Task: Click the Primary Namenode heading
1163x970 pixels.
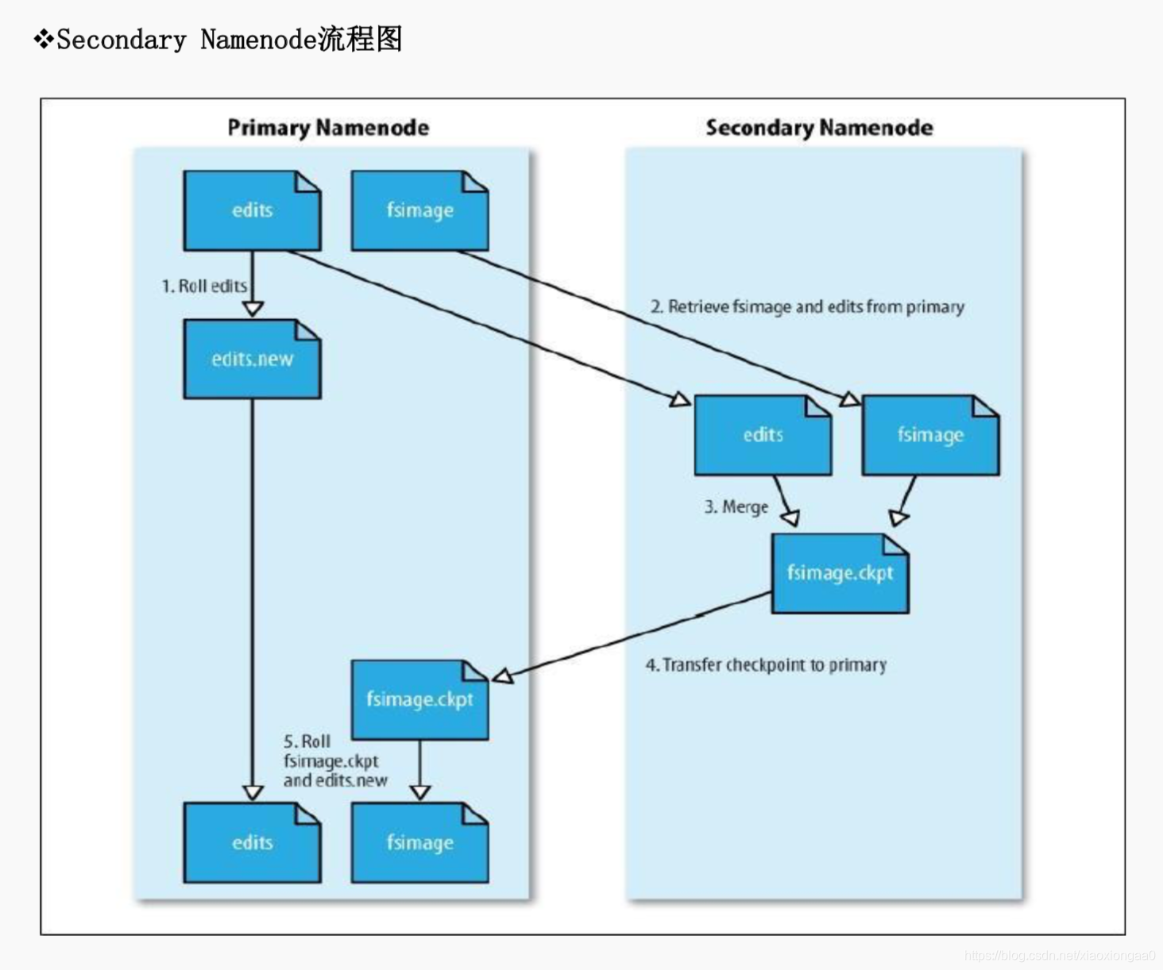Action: point(328,128)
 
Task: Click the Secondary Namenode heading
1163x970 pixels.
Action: point(819,128)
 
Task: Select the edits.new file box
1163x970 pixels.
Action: point(252,360)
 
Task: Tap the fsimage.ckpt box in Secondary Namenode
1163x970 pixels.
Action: point(840,573)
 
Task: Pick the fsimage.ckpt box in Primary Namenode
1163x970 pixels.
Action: point(419,699)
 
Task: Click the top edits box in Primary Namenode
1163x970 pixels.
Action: point(252,210)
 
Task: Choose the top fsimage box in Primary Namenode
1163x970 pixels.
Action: point(419,210)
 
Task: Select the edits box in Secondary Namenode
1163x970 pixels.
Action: point(763,435)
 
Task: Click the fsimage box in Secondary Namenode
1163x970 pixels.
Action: point(930,435)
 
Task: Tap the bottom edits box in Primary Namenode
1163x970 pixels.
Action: point(252,843)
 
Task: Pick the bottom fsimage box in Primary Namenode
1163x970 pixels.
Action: point(419,843)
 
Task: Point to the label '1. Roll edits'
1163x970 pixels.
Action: point(204,286)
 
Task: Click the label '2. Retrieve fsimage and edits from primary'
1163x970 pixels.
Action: point(807,307)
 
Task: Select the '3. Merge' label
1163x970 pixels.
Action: point(736,507)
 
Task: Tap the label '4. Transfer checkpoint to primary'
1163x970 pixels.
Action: point(766,665)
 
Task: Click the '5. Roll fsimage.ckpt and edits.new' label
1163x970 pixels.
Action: point(334,761)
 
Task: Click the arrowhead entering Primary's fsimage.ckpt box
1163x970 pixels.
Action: point(503,676)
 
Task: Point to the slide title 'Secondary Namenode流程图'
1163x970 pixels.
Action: point(229,39)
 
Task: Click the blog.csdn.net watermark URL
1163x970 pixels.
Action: point(1059,956)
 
